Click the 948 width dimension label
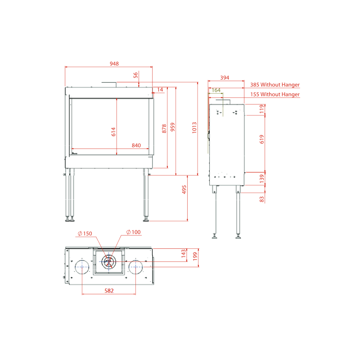point(114,63)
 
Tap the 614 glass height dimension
point(113,132)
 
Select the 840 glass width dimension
point(136,145)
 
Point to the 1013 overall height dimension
point(194,128)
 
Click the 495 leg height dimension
point(184,189)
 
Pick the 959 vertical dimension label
point(173,127)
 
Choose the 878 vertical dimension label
point(164,129)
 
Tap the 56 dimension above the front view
point(136,75)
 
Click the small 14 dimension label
point(160,90)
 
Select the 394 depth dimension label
point(225,77)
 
